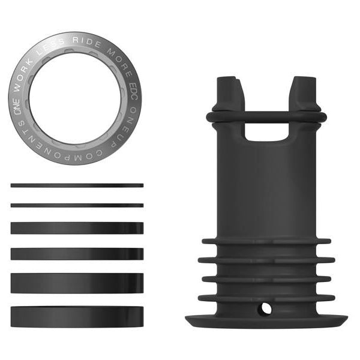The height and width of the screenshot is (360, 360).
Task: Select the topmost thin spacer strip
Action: (77, 185)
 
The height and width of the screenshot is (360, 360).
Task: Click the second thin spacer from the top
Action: (77, 205)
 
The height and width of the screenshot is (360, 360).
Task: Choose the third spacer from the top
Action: (77, 228)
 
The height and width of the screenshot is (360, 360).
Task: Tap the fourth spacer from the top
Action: (77, 254)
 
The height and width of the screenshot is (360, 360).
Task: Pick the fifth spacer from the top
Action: (77, 283)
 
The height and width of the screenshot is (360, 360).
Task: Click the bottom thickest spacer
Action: (77, 316)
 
